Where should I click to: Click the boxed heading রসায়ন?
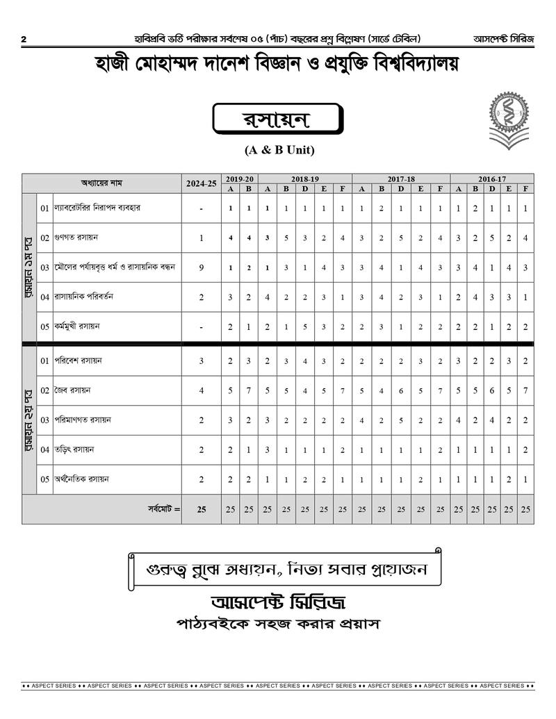pyautogui.click(x=277, y=120)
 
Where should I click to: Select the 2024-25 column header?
pyautogui.click(x=202, y=183)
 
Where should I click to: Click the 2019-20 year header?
pyautogui.click(x=240, y=179)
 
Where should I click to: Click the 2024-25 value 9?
pyautogui.click(x=202, y=267)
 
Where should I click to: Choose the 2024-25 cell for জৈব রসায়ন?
pyautogui.click(x=202, y=390)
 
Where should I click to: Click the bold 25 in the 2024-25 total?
pyautogui.click(x=202, y=509)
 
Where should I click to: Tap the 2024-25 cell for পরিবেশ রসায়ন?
pyautogui.click(x=202, y=361)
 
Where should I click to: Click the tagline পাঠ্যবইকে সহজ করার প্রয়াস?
pyautogui.click(x=278, y=624)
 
